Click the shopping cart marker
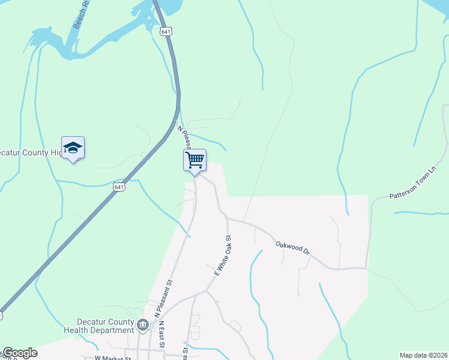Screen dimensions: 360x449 click(x=194, y=160)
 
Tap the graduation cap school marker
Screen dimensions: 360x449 click(x=73, y=148)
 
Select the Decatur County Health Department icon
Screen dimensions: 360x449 click(x=143, y=326)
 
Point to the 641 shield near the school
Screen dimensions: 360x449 click(x=119, y=187)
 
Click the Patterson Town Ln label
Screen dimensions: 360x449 click(x=411, y=189)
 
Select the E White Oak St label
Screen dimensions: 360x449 click(x=223, y=256)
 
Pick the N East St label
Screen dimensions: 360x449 click(x=161, y=335)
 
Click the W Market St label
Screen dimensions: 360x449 click(x=113, y=358)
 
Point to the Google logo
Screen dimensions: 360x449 click(x=19, y=353)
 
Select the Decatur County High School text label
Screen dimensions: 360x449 click(x=30, y=152)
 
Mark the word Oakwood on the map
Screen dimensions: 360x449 click(x=288, y=246)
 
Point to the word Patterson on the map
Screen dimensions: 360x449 click(x=403, y=193)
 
